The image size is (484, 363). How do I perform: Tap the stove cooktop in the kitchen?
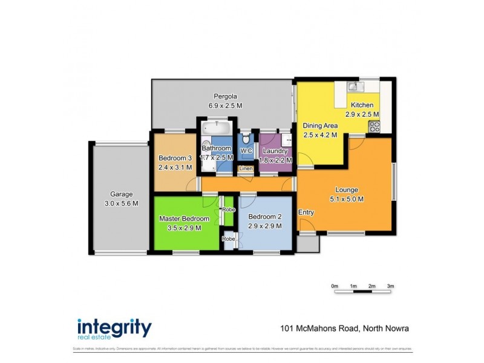point(374,126)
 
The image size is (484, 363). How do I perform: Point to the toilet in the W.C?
point(246,138)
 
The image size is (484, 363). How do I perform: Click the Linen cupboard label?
point(246,168)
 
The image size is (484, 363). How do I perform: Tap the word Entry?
point(306,212)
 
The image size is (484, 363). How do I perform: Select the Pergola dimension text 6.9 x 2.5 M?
point(225,106)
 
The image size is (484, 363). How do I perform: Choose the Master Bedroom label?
point(184,218)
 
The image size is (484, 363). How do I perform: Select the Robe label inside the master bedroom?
point(229,209)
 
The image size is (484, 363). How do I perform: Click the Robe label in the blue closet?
point(229,239)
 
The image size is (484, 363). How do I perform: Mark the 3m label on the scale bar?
point(391,286)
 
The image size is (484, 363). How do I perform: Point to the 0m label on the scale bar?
point(335,286)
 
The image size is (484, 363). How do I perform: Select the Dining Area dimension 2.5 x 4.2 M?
point(320,135)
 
